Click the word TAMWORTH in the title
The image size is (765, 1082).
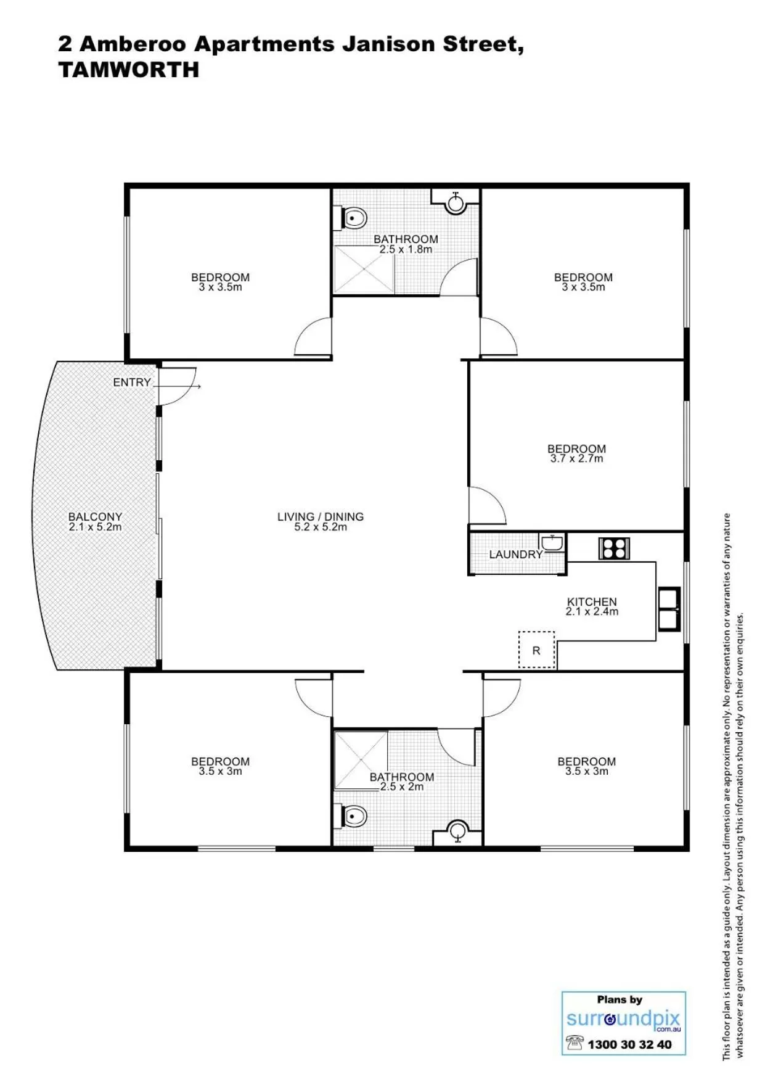click(x=129, y=70)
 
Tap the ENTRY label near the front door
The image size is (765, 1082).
click(x=131, y=382)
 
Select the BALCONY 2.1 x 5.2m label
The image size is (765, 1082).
click(x=95, y=522)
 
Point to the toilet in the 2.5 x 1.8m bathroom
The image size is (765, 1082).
click(x=354, y=218)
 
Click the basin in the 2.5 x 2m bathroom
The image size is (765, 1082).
click(x=457, y=831)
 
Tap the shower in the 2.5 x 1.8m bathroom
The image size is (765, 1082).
click(x=364, y=270)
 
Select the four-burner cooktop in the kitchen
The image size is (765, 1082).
click(x=614, y=548)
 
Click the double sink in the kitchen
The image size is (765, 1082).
click(x=669, y=609)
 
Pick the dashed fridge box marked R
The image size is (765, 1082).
click(x=536, y=650)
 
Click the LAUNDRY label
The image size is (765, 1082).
click(x=515, y=555)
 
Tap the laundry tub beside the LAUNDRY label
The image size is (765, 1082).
click(x=552, y=543)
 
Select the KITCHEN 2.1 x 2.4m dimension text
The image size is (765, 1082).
click(x=592, y=612)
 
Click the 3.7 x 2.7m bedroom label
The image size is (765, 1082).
click(x=576, y=453)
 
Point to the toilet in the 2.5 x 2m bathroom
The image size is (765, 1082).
click(x=354, y=816)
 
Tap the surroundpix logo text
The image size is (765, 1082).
click(x=623, y=1018)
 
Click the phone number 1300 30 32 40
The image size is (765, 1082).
click(x=629, y=1044)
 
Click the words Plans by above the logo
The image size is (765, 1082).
click(x=620, y=999)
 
